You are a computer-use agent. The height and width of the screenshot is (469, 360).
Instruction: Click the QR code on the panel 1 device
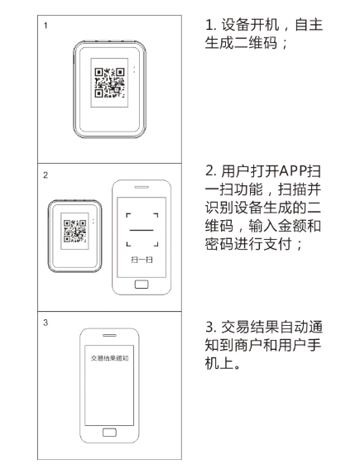109,83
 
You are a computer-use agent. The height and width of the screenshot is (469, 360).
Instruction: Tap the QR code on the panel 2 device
74,231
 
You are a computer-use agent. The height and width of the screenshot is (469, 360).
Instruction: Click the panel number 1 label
46,26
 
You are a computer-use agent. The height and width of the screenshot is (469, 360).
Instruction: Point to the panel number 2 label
46,175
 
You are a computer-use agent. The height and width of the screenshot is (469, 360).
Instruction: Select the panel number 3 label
46,323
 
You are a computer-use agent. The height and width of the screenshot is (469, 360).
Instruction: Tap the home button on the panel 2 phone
142,285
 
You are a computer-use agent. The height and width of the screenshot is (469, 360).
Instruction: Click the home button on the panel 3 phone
109,433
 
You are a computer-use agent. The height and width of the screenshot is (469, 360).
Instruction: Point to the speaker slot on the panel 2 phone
142,187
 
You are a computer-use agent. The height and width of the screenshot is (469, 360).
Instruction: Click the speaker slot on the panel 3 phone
109,335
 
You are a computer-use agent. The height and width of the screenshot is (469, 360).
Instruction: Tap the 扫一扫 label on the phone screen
142,260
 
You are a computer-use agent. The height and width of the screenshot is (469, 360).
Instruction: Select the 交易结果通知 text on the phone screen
109,358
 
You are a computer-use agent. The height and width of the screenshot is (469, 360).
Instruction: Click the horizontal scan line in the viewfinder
142,230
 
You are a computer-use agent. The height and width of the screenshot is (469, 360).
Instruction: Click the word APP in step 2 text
294,171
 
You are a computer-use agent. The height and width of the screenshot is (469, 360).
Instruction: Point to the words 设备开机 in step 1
250,25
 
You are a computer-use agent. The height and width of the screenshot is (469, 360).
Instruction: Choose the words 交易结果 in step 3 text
250,327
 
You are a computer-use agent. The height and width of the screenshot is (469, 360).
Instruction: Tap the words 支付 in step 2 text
277,244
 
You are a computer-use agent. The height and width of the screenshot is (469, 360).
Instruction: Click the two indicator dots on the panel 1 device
134,69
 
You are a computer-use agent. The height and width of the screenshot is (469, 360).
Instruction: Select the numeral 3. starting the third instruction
211,327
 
